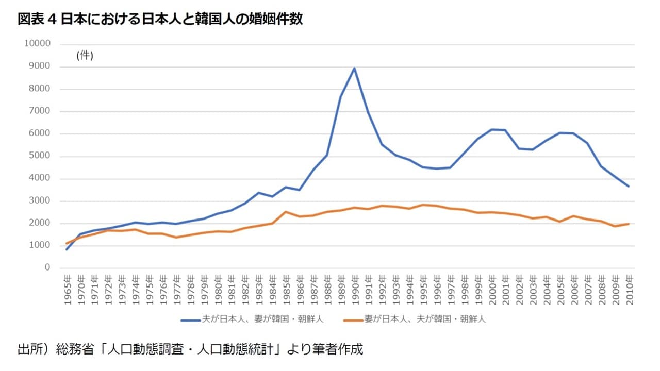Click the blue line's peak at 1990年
354,69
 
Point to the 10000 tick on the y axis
37,44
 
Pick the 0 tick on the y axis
47,268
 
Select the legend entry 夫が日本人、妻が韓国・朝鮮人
252,319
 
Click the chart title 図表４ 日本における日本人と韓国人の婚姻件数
160,20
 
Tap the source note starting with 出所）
190,349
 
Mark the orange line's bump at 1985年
286,212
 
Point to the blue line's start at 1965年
67,249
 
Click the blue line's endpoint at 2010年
629,187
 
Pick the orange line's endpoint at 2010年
629,224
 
